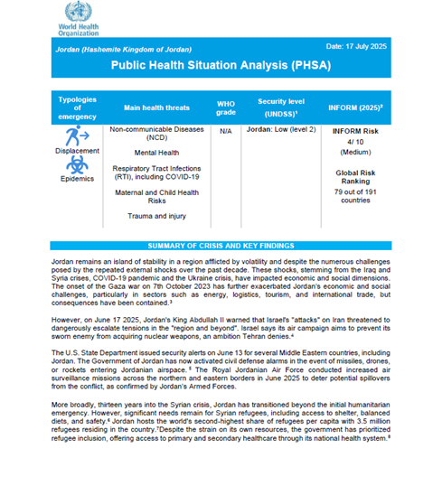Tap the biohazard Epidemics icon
[77, 164]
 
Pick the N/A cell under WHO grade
[226, 131]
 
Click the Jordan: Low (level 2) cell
[281, 131]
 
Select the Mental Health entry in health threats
[155, 154]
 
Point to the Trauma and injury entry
[155, 217]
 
